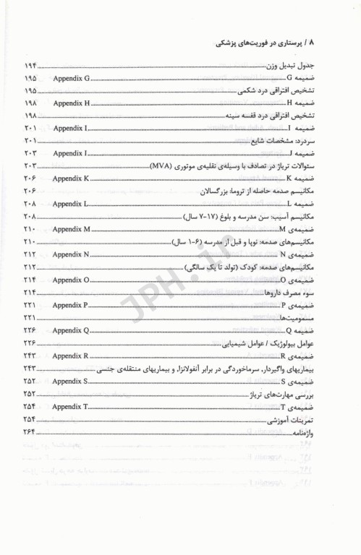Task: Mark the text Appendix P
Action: click(x=72, y=307)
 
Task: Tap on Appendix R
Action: click(x=72, y=358)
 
